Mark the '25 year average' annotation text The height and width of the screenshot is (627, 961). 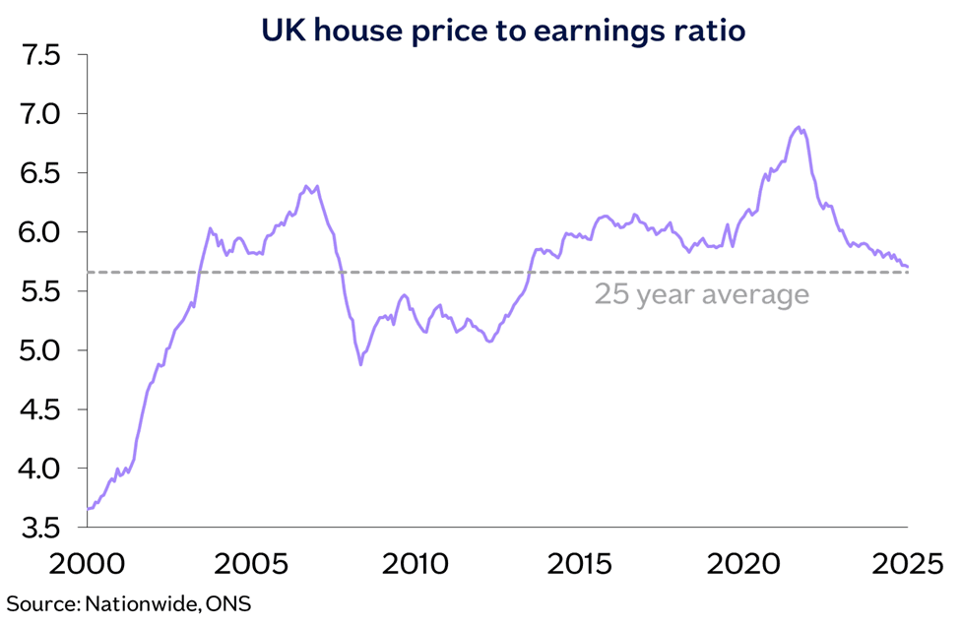point(701,294)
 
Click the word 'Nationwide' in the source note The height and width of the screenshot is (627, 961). point(144,603)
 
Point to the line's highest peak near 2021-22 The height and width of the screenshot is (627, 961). point(798,127)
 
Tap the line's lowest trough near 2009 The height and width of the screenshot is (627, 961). point(360,365)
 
